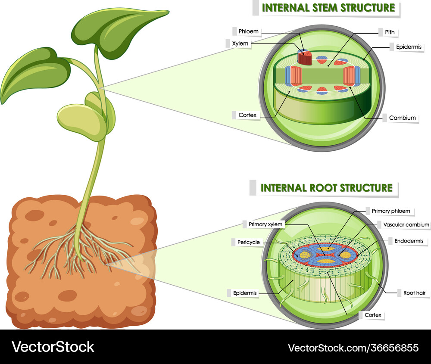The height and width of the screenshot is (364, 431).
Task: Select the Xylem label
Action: click(240, 44)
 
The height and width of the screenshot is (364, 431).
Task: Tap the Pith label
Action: click(390, 32)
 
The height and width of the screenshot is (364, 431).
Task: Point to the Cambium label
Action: click(402, 118)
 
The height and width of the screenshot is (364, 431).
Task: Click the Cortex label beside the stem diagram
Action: click(247, 115)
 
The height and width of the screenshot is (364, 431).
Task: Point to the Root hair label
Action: click(414, 293)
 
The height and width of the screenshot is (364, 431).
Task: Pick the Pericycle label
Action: click(249, 242)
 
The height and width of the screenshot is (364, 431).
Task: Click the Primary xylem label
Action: click(265, 224)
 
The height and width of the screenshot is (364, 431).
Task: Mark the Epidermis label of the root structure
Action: click(245, 293)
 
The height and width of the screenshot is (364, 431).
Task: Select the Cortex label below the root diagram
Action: click(373, 315)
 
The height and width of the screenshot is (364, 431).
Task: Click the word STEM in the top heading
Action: click(321, 8)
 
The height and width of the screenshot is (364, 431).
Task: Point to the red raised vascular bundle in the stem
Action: click(305, 58)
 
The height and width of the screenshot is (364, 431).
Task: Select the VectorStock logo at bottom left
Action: click(53, 347)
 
